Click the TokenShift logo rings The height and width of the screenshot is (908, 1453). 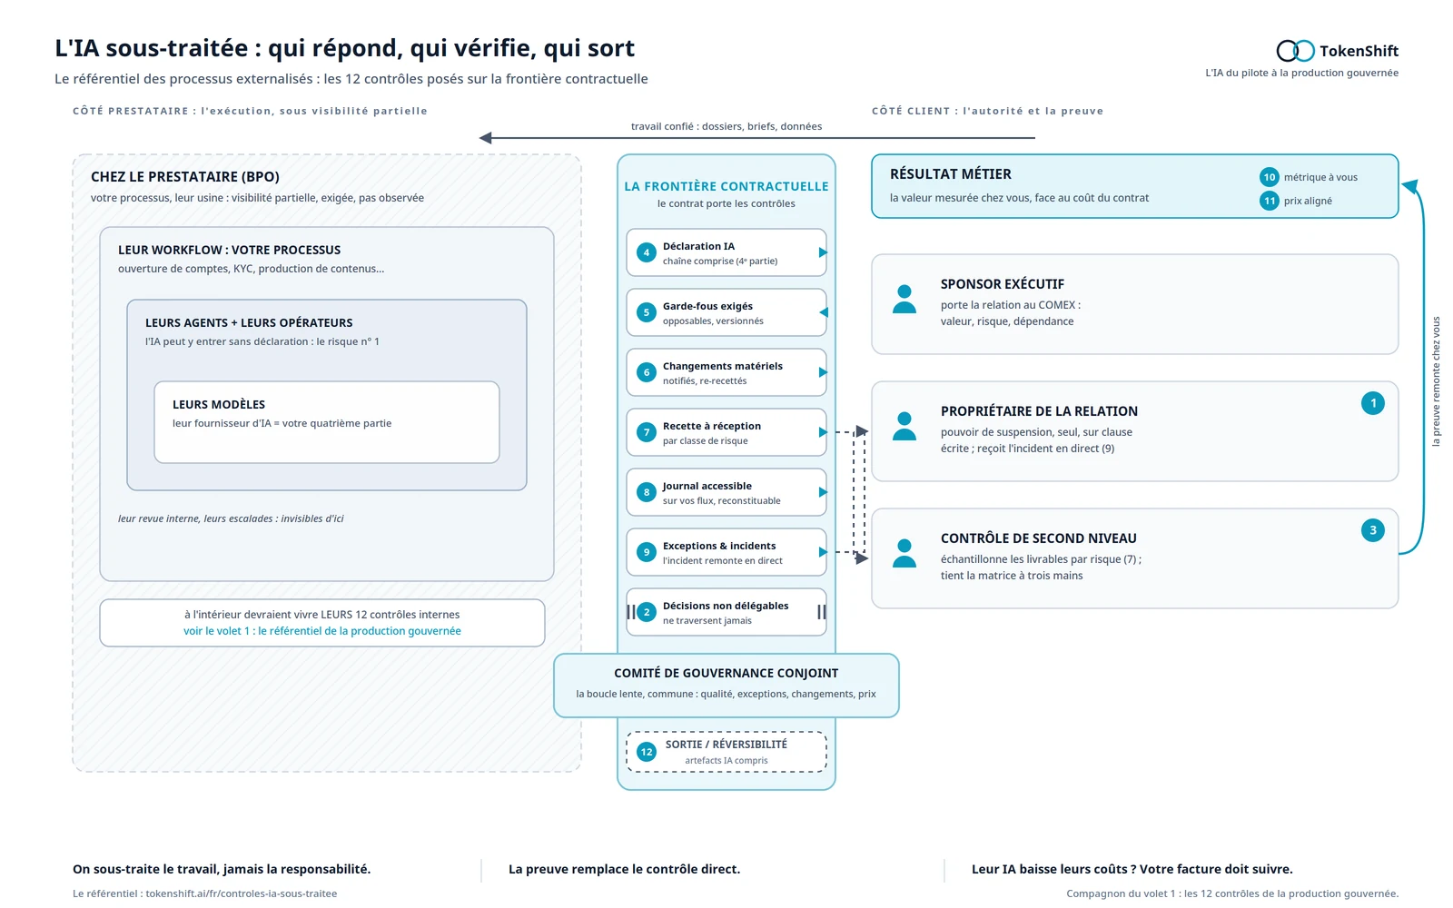point(1295,51)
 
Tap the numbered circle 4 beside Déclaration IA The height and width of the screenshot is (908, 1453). point(646,252)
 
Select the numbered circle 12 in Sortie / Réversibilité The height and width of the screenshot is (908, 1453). point(646,752)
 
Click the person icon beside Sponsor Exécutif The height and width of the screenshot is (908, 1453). point(904,300)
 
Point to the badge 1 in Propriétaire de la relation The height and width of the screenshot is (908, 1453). point(1372,403)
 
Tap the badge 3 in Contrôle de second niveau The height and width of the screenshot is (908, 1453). point(1372,530)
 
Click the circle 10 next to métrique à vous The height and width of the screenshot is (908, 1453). point(1269,177)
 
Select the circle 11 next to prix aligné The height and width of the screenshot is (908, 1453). point(1269,201)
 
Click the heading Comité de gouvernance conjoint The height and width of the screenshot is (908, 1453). point(726,673)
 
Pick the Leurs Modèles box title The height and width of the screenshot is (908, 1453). point(219,405)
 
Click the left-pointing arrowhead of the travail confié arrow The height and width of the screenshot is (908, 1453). point(485,137)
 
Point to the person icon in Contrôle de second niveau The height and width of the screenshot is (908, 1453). point(904,554)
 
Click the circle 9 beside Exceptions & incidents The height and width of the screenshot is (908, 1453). point(646,552)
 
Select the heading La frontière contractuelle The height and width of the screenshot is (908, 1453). point(726,186)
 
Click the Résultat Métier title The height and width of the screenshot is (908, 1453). point(950,173)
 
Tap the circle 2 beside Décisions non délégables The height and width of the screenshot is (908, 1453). point(646,612)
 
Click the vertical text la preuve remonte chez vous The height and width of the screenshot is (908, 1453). point(1436,381)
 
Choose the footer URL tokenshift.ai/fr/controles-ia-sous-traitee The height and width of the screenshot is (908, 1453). point(242,893)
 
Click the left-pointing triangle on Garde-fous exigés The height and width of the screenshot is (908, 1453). point(823,312)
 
